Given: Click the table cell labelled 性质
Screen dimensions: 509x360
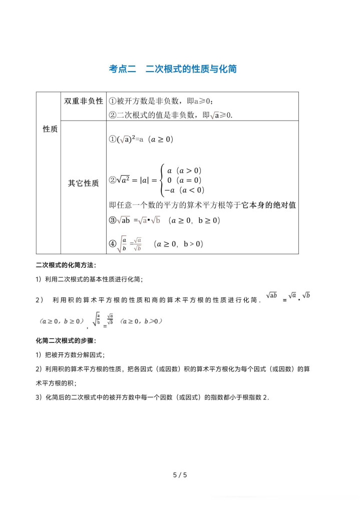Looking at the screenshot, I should tap(50, 129).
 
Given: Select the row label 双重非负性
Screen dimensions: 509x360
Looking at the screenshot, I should tap(84, 101).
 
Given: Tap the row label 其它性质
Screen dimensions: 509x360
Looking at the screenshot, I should tap(84, 183).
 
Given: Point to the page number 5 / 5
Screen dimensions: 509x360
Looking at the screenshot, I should tap(180, 475).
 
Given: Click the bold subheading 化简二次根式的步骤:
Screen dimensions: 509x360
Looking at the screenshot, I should tap(66, 340).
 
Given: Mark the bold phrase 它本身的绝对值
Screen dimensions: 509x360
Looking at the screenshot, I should tap(269, 205).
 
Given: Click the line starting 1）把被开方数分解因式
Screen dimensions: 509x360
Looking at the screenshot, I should tap(70, 355).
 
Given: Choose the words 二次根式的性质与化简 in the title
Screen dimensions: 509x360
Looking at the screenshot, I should tap(191, 69).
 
